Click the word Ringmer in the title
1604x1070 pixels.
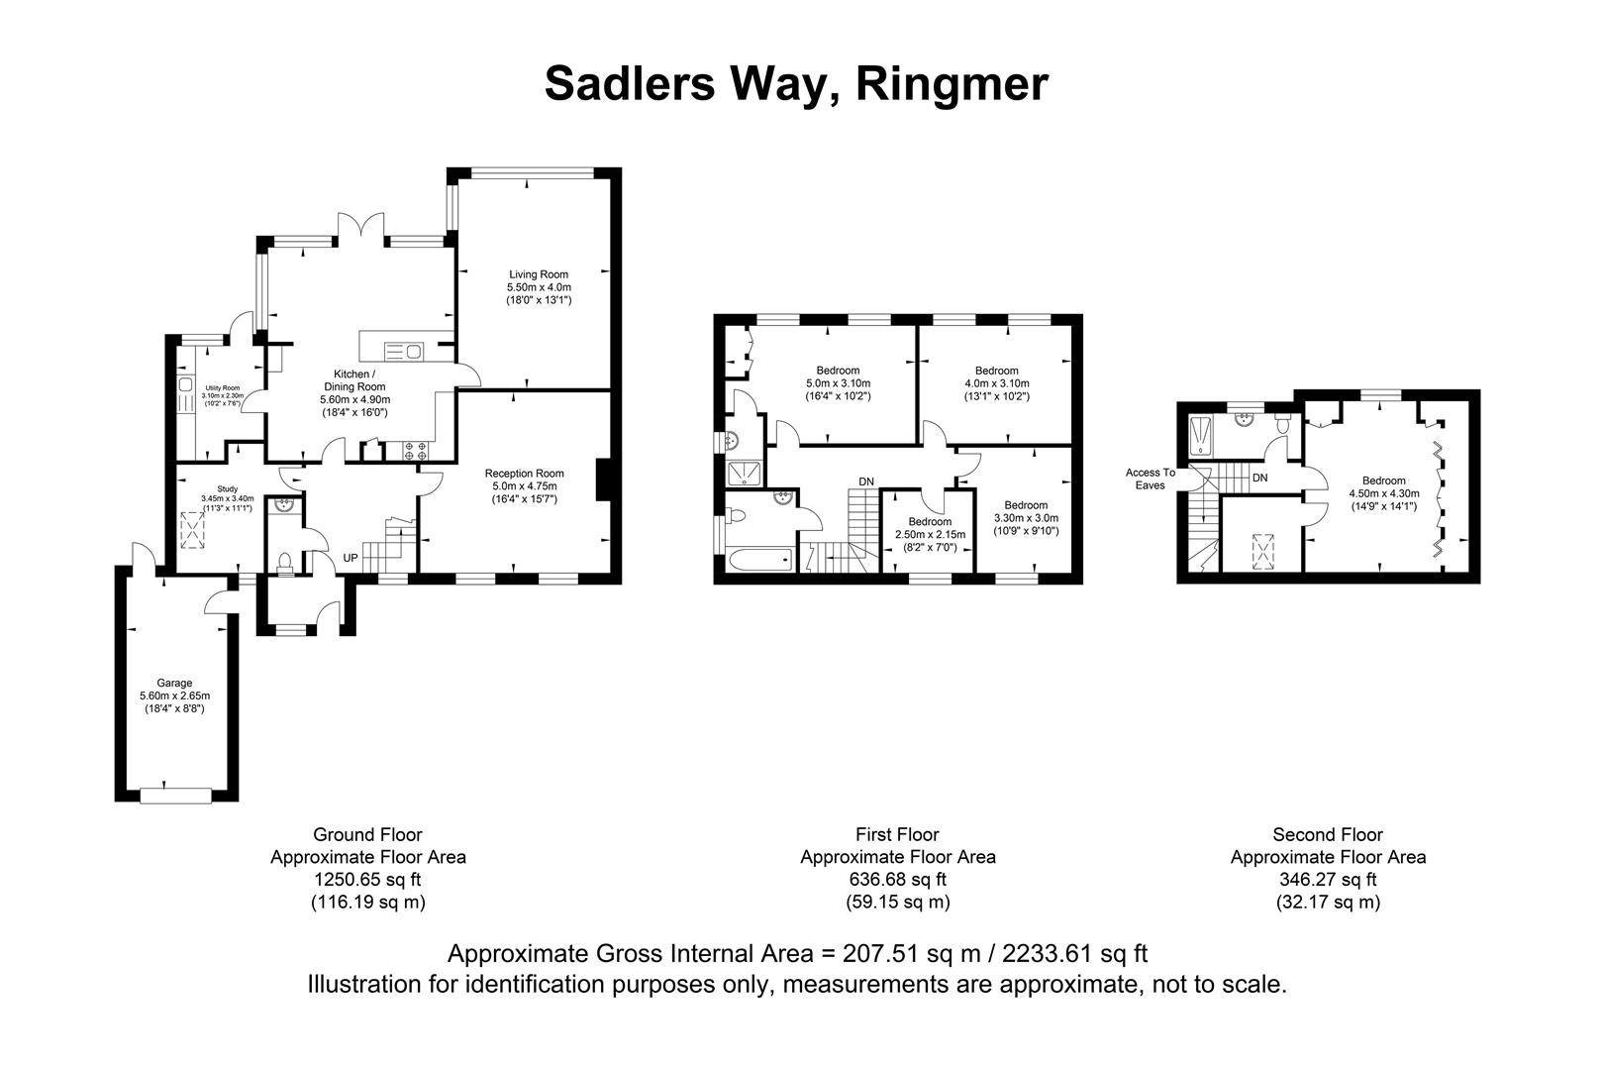click(951, 83)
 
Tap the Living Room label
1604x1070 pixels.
click(539, 274)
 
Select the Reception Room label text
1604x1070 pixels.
click(524, 474)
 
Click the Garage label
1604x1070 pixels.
click(174, 683)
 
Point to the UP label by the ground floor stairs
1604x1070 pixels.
click(351, 558)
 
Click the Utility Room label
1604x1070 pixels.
click(223, 388)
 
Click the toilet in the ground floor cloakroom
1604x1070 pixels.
click(285, 562)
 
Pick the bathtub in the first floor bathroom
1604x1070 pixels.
click(760, 561)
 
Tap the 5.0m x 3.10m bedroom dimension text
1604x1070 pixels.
click(837, 383)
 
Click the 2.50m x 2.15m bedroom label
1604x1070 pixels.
click(930, 522)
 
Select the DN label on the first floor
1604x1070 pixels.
click(866, 481)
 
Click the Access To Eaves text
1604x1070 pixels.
click(1150, 479)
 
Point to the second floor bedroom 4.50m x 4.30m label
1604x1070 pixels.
click(1382, 481)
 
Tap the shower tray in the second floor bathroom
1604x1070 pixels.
click(1201, 436)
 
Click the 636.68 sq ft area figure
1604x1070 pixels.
click(897, 879)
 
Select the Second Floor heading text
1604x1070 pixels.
click(1327, 835)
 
